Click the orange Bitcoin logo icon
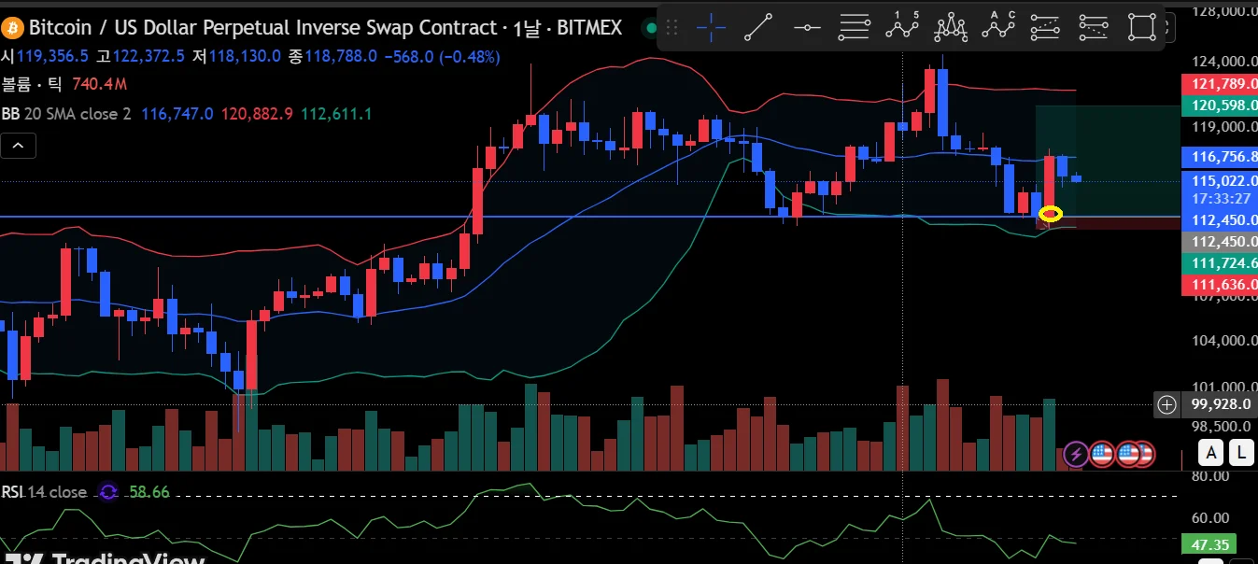click(x=12, y=28)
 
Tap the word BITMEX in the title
click(x=589, y=28)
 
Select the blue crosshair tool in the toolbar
click(x=712, y=28)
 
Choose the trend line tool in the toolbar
click(x=757, y=28)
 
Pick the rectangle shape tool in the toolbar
click(x=1141, y=28)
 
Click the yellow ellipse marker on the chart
click(x=1051, y=214)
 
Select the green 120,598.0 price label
click(x=1219, y=106)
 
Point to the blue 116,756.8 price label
click(x=1219, y=157)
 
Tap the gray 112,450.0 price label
click(x=1219, y=242)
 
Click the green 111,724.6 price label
click(x=1219, y=263)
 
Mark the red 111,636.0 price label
click(x=1219, y=284)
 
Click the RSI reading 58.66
click(x=148, y=491)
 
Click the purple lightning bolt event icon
click(x=1076, y=455)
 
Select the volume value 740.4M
click(x=99, y=84)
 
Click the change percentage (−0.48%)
click(x=468, y=56)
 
